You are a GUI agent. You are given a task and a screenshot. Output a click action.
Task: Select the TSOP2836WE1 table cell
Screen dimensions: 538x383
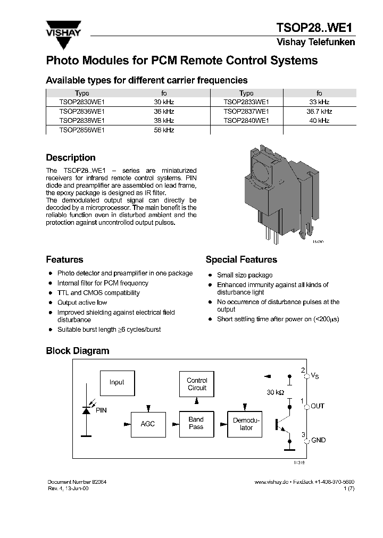pyautogui.click(x=82, y=112)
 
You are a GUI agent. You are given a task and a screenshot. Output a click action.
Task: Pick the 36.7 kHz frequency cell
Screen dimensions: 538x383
pyautogui.click(x=319, y=112)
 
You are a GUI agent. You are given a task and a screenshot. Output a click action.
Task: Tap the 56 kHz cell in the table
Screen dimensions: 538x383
pyautogui.click(x=164, y=130)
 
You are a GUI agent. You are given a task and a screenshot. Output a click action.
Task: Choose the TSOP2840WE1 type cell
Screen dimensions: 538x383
pyautogui.click(x=246, y=121)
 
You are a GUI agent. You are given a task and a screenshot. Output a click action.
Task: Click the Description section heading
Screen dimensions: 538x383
pyautogui.click(x=71, y=158)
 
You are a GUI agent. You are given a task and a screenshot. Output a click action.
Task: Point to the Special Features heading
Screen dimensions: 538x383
pyautogui.click(x=241, y=260)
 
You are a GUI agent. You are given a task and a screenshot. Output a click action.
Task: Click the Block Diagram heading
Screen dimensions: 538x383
pyautogui.click(x=77, y=351)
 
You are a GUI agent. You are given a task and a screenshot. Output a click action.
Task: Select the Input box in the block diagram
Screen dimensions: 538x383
pyautogui.click(x=116, y=382)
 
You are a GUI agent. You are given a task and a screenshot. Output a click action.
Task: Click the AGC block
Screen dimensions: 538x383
pyautogui.click(x=147, y=424)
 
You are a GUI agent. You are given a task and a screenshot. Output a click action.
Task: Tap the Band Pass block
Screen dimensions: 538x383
pyautogui.click(x=196, y=423)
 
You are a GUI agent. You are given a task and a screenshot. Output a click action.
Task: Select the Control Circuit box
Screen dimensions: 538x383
pyautogui.click(x=197, y=384)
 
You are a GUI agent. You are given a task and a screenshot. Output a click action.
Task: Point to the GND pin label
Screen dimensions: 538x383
pyautogui.click(x=318, y=440)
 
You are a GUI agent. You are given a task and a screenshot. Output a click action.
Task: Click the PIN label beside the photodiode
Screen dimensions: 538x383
pyautogui.click(x=101, y=410)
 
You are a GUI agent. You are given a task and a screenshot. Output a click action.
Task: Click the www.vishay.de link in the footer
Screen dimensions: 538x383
pyautogui.click(x=271, y=481)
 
